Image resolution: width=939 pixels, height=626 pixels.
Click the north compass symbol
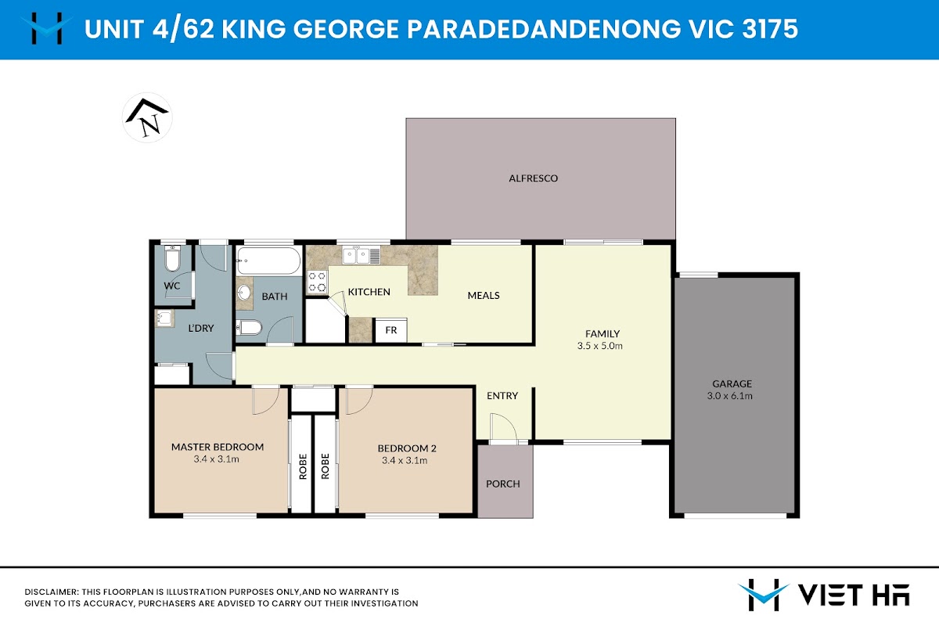coord(147,118)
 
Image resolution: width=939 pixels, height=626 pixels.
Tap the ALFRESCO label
coord(533,178)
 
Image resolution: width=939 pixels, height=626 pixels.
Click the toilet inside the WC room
coord(172,258)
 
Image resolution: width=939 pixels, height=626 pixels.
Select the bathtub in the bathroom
coord(268,261)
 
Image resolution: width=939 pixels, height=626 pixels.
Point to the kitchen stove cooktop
coord(317,282)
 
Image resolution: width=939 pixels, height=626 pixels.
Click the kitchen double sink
coord(361,256)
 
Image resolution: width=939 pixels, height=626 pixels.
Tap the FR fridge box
coord(390,330)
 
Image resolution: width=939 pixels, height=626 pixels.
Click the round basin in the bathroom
coord(244,293)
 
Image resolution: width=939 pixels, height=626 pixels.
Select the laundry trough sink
coord(165,318)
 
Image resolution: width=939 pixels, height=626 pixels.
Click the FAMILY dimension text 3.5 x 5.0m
coord(600,346)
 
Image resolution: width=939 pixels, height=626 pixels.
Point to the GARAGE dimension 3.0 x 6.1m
coord(730,396)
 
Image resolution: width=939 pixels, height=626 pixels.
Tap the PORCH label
coord(503,484)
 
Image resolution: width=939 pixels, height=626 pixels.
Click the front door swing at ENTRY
coord(503,426)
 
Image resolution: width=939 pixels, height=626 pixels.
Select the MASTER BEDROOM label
coord(218,447)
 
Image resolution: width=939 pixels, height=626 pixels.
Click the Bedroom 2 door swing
coord(359,401)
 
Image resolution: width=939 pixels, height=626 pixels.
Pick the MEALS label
coord(484,296)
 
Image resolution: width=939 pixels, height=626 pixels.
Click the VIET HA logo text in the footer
coord(854,595)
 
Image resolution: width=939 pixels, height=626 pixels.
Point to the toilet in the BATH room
coord(249,327)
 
